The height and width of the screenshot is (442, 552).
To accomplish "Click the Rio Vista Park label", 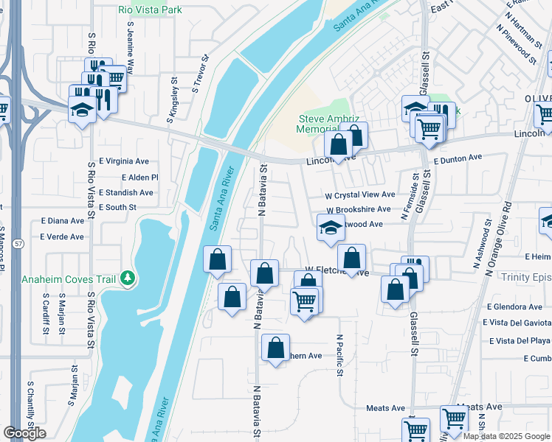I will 150,10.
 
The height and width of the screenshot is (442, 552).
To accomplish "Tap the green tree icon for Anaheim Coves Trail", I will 129,278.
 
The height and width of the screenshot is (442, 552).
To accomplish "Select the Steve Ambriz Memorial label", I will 327,124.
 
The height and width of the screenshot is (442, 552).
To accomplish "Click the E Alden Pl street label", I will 139,178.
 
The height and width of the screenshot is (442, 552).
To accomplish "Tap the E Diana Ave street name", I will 63,220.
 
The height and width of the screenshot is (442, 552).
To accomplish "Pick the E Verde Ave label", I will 62,236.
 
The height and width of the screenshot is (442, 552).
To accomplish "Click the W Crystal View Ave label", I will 360,195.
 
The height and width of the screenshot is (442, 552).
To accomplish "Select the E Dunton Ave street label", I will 458,158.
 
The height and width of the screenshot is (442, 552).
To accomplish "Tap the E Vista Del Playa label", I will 520,340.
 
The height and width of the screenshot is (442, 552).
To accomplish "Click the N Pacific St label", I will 340,356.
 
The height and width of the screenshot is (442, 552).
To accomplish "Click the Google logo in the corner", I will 24,433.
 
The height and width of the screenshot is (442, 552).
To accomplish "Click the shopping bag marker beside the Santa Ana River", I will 217,260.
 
